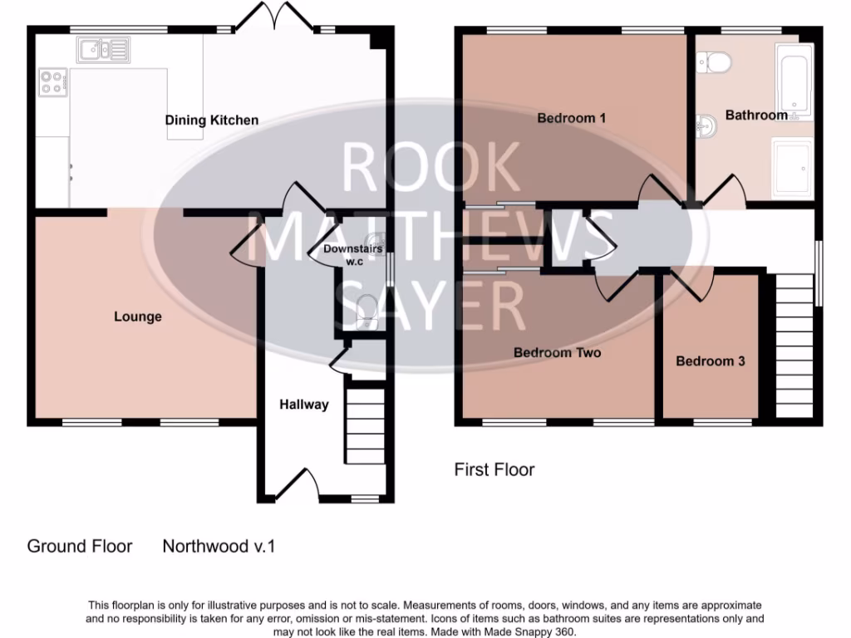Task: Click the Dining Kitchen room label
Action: tap(211, 120)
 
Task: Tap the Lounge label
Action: tap(138, 317)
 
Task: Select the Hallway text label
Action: tap(303, 405)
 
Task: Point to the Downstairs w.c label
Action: tap(347, 255)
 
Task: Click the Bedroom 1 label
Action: tap(571, 118)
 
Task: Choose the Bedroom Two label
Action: tap(557, 352)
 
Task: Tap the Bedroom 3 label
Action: tap(710, 361)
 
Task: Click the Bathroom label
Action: tap(755, 115)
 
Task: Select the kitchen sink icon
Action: tap(104, 51)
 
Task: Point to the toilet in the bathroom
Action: tap(714, 60)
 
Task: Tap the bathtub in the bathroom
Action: tap(794, 78)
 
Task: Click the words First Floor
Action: tap(494, 469)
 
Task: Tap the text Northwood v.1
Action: tap(218, 546)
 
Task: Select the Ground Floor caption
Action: tap(80, 546)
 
